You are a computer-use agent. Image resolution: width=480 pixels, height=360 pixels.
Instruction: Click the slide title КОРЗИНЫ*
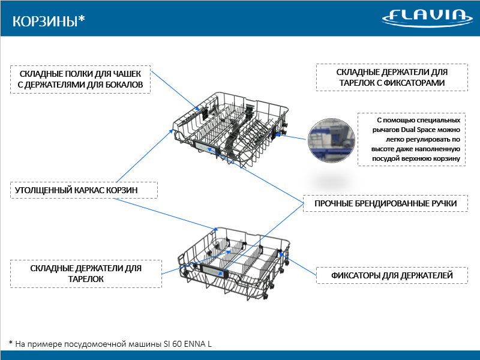[49, 21]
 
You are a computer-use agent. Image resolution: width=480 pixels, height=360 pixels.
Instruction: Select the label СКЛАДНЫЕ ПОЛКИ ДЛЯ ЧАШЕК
[80, 73]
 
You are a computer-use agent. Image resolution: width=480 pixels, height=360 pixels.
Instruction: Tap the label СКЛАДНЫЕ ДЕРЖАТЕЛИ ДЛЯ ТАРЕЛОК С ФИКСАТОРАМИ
[391, 77]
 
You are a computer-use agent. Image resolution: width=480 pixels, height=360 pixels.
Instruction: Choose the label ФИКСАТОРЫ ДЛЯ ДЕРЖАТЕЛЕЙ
[392, 276]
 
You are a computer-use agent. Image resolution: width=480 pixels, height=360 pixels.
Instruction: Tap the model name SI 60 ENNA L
[187, 344]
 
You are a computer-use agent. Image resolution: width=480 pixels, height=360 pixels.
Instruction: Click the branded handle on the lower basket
[212, 271]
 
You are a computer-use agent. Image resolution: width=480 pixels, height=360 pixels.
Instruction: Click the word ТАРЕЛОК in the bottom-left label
[86, 279]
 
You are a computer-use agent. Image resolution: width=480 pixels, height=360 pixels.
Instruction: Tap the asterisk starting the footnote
[11, 343]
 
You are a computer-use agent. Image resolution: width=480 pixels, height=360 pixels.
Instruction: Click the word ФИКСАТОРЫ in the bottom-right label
[359, 276]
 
